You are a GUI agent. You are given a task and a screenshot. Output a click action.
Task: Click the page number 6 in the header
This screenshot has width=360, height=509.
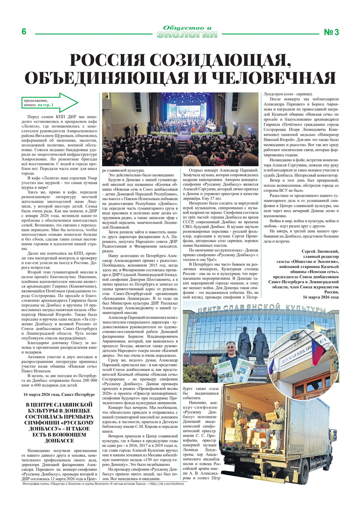pyautogui.click(x=24, y=32)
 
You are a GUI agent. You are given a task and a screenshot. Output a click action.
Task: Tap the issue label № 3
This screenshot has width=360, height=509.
pyautogui.click(x=331, y=32)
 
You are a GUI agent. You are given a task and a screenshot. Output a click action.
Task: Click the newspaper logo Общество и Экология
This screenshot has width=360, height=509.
pyautogui.click(x=187, y=32)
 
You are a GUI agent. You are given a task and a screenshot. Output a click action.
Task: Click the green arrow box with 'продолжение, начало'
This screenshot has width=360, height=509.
pyautogui.click(x=49, y=102)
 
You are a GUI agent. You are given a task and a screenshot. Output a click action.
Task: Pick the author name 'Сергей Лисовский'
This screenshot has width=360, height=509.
pyautogui.click(x=320, y=251)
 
